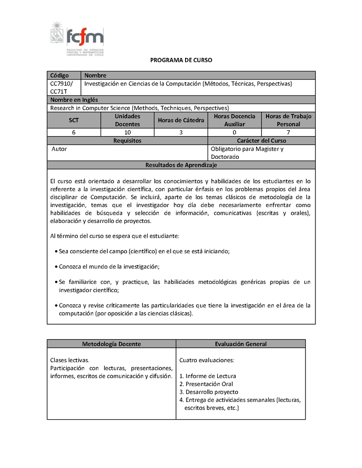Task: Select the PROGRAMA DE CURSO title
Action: coord(181,60)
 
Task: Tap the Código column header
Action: coord(59,76)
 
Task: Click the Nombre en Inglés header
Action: coord(74,99)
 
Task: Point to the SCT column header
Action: coord(73,120)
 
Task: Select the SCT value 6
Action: coord(73,132)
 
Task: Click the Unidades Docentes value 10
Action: coord(127,132)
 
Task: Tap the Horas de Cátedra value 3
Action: coord(181,132)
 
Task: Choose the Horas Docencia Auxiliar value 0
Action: coord(234,132)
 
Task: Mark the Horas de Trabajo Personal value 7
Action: coord(288,132)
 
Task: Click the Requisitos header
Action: coord(127,141)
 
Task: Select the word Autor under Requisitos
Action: coord(59,149)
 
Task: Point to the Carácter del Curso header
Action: coord(261,141)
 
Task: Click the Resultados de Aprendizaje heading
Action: coord(181,165)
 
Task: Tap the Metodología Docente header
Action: coord(111,344)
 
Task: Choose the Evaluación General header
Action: coord(240,344)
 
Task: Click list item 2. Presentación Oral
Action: coord(206,384)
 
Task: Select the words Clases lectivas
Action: coord(70,360)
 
